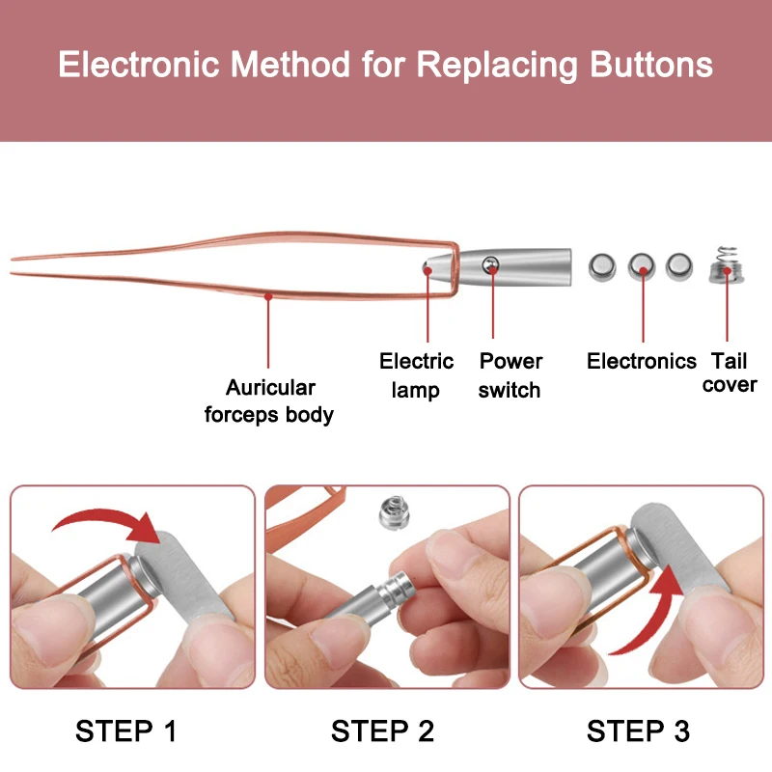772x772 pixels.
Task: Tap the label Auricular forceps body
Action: tap(269, 401)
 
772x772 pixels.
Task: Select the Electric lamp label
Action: tap(416, 375)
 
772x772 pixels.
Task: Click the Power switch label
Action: tap(510, 375)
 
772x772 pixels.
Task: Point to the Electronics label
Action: tap(642, 361)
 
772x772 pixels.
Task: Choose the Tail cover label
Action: tap(730, 372)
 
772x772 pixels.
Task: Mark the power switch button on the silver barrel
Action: tap(491, 263)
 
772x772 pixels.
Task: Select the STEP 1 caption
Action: tap(126, 731)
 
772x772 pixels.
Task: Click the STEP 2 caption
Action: tap(383, 731)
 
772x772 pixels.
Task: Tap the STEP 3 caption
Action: tap(639, 731)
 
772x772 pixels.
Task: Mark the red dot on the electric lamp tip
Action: tap(427, 270)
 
